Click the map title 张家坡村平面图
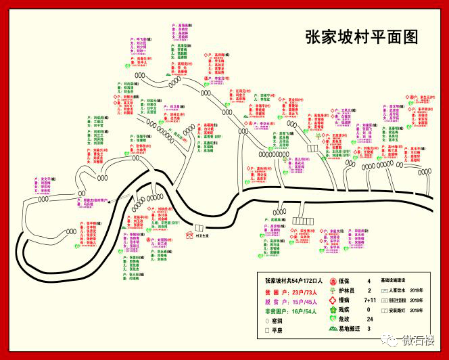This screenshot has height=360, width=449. pyautogui.click(x=362, y=36)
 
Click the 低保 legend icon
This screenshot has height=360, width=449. pyautogui.click(x=333, y=280)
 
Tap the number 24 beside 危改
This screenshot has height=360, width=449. pyautogui.click(x=369, y=318)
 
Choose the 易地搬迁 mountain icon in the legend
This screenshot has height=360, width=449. pyautogui.click(x=333, y=328)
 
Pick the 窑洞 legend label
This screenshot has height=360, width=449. pyautogui.click(x=277, y=320)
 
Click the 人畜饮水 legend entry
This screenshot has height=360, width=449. pyautogui.click(x=398, y=290)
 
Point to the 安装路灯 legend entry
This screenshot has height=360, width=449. pyautogui.click(x=398, y=310)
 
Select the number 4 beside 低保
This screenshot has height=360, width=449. pyautogui.click(x=369, y=280)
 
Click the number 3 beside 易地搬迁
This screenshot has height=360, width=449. pyautogui.click(x=369, y=328)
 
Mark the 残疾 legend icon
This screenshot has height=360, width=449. pyautogui.click(x=333, y=309)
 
